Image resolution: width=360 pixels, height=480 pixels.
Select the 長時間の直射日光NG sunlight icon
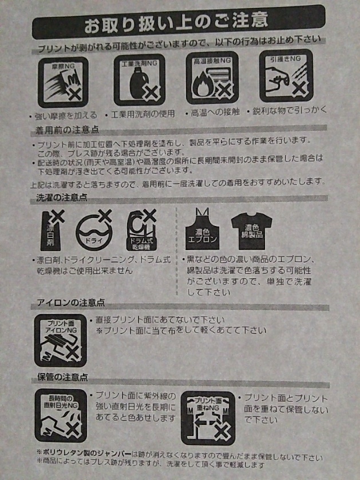60,415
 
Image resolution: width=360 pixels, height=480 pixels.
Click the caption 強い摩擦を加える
65,115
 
